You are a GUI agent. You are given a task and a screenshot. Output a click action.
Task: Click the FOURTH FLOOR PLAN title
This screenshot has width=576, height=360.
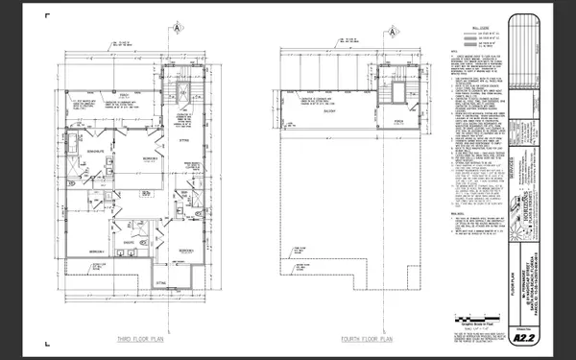[367, 338]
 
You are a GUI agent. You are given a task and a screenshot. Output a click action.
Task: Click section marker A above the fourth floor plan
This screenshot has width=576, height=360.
[395, 28]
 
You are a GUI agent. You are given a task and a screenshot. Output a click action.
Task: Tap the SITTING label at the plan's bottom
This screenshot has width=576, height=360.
[160, 283]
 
